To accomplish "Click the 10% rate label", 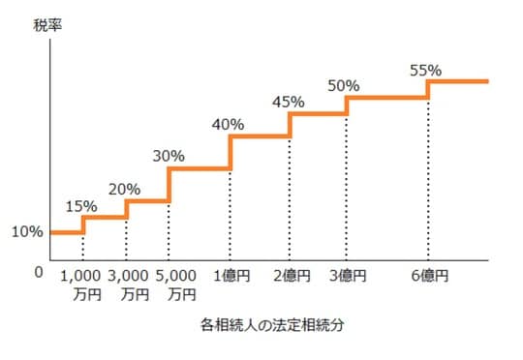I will (26, 232).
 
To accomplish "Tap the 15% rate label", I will (80, 205).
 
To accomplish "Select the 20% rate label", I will (125, 189).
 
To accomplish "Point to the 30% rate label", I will (169, 156).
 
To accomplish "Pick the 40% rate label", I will (229, 124).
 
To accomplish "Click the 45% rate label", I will (289, 101).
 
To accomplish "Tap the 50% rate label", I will (345, 84).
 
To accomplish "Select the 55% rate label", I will (426, 70).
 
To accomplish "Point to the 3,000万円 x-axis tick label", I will (129, 285).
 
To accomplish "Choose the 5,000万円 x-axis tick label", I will (175, 285).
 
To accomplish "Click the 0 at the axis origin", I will (39, 272).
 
